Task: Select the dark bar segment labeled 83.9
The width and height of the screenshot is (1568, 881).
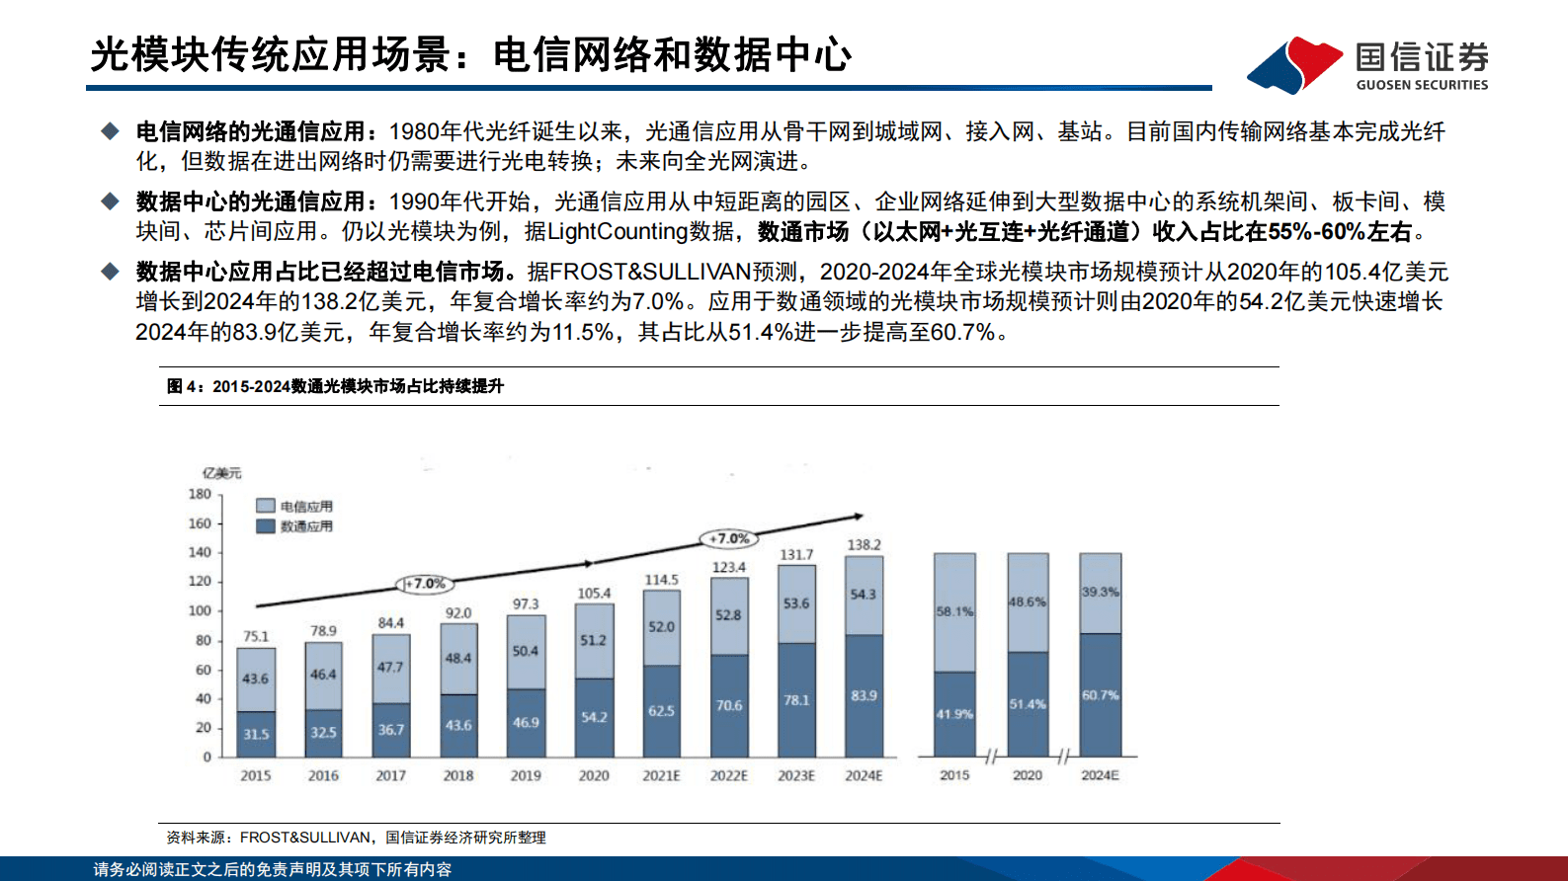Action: pyautogui.click(x=864, y=696)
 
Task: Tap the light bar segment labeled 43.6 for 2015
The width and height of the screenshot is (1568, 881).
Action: pyautogui.click(x=256, y=679)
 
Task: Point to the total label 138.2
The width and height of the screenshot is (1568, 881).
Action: pyautogui.click(x=864, y=545)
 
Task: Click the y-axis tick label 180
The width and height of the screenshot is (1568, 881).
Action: pyautogui.click(x=200, y=494)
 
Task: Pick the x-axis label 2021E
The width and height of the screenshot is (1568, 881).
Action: pyautogui.click(x=661, y=776)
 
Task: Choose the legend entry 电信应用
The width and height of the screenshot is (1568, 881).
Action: pyautogui.click(x=294, y=507)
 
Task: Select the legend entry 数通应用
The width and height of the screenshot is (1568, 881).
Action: pyautogui.click(x=294, y=526)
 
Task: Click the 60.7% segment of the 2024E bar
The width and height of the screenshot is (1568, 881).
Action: pyautogui.click(x=1100, y=695)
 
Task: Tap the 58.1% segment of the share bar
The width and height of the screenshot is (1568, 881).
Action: pyautogui.click(x=954, y=612)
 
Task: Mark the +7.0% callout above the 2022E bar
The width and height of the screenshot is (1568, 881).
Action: pyautogui.click(x=730, y=538)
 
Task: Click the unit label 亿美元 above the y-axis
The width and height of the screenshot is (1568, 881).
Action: pyautogui.click(x=221, y=473)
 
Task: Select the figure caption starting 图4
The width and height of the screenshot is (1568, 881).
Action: pyautogui.click(x=335, y=386)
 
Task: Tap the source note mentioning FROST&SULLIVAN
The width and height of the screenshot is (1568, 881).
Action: pyautogui.click(x=356, y=838)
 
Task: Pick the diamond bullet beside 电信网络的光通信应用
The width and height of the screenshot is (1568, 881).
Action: pyautogui.click(x=110, y=131)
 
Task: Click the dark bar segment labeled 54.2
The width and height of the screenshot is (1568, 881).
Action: pyautogui.click(x=594, y=717)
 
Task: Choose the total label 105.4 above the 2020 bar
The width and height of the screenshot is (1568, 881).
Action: pyautogui.click(x=594, y=594)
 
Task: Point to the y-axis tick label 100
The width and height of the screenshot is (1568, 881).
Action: pyautogui.click(x=200, y=610)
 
